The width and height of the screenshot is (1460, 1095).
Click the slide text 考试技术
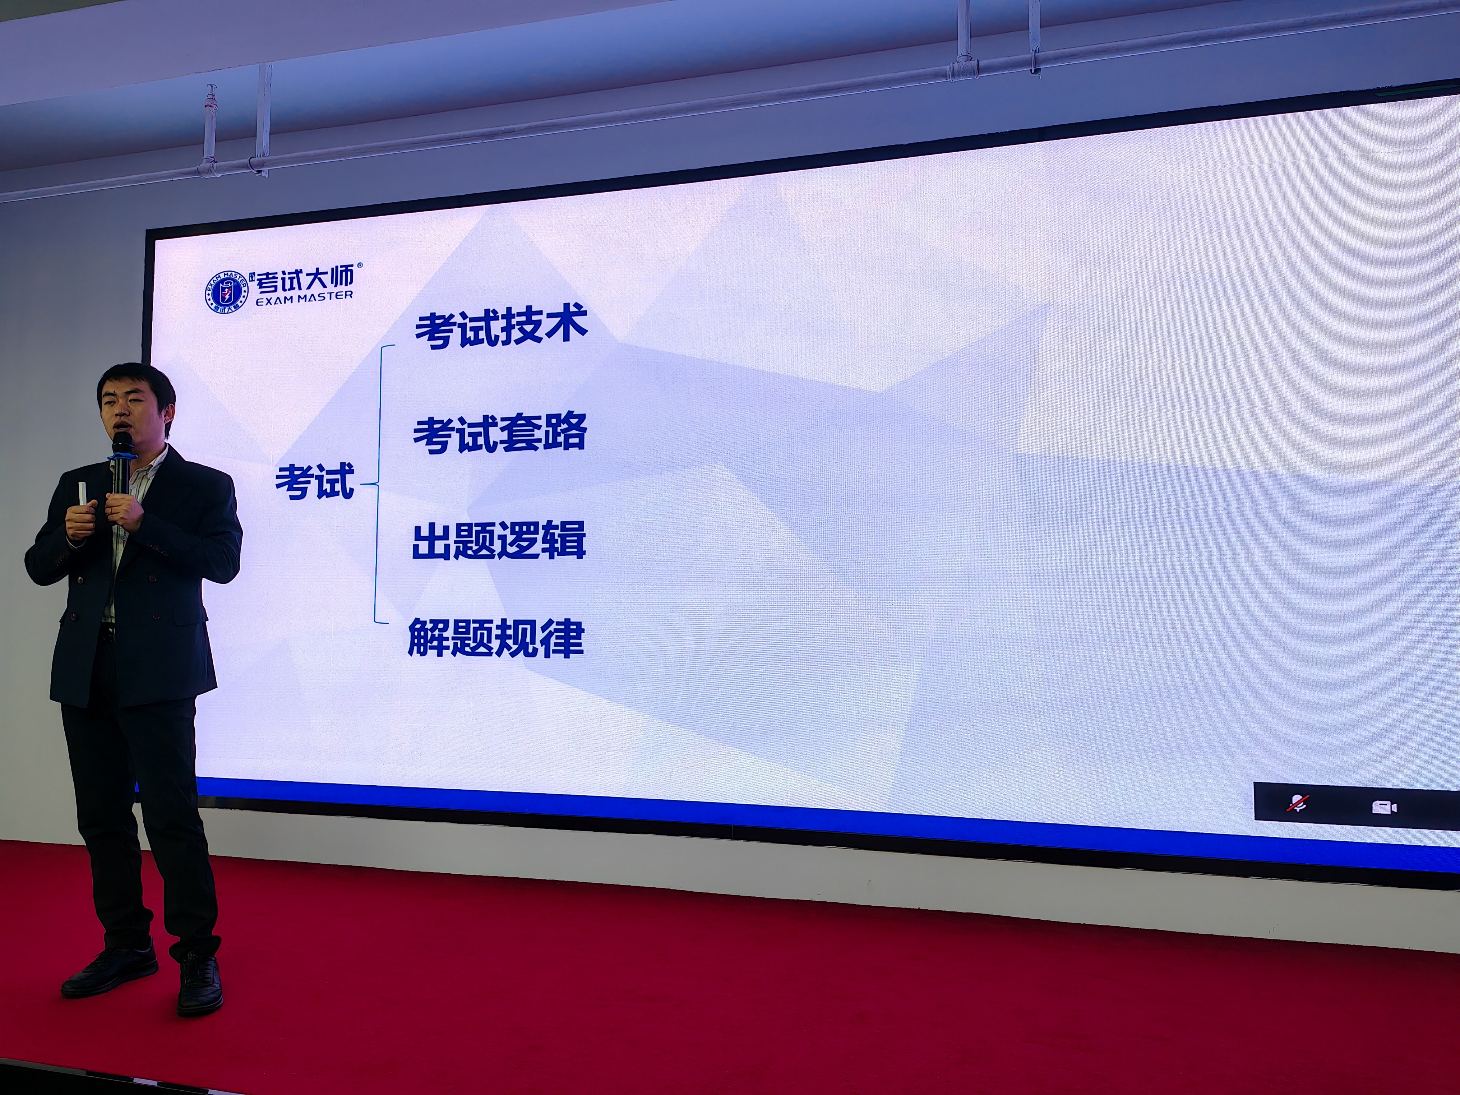[501, 327]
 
